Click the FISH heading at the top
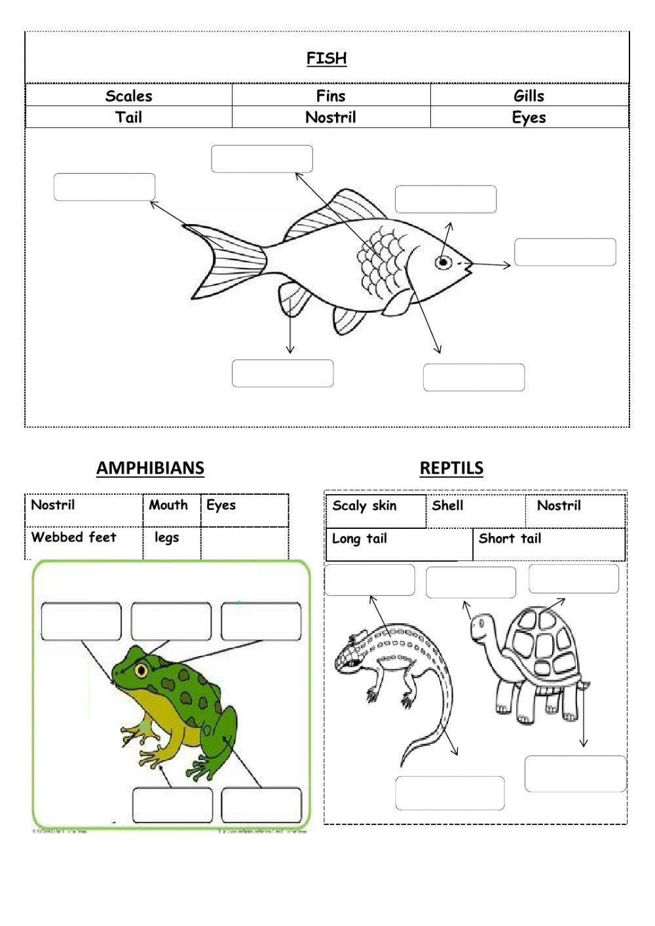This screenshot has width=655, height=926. click(x=326, y=58)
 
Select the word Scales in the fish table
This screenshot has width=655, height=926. click(x=128, y=96)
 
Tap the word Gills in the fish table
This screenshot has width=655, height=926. click(x=529, y=96)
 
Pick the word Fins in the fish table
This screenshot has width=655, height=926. click(x=331, y=96)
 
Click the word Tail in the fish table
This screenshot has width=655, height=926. click(x=128, y=118)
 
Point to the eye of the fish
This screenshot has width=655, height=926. click(x=443, y=263)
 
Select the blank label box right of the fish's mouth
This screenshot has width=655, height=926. click(x=565, y=252)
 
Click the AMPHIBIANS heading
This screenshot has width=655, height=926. click(x=150, y=468)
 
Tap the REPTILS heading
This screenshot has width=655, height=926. click(x=451, y=468)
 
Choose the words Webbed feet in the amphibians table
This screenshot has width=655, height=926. click(x=73, y=537)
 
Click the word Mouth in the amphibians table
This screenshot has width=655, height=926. click(x=168, y=505)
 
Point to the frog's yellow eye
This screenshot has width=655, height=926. click(x=141, y=670)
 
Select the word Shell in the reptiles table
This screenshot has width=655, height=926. click(x=447, y=506)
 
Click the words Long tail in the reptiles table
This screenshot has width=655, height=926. click(x=360, y=539)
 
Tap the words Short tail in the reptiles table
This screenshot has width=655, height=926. click(x=510, y=539)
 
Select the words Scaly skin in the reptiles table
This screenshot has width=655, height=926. click(x=364, y=506)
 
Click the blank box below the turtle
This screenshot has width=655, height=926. click(x=575, y=774)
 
